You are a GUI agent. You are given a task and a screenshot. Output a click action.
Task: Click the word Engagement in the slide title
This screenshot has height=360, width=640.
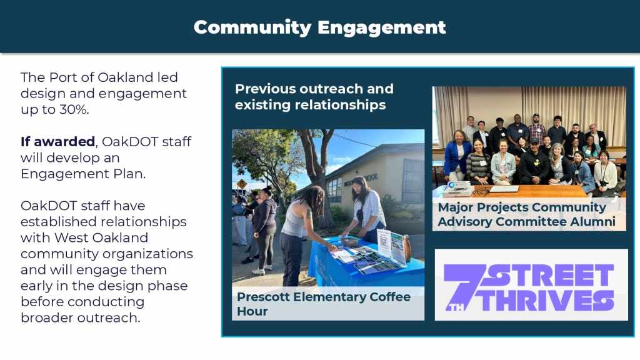(381, 28)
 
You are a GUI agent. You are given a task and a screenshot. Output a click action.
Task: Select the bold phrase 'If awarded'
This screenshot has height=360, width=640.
(57, 141)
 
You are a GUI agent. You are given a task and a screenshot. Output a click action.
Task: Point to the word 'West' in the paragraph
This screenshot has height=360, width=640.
(71, 237)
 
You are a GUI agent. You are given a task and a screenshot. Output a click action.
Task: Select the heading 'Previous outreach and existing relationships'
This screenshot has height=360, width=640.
(314, 97)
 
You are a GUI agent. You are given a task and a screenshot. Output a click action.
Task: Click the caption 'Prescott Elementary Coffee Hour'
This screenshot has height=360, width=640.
(324, 304)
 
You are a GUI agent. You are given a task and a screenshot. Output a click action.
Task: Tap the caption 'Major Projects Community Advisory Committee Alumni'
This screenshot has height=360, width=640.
(526, 214)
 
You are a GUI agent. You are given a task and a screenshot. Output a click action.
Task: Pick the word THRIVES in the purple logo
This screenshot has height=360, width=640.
(547, 301)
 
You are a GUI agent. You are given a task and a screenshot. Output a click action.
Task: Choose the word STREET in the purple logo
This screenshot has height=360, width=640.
(549, 275)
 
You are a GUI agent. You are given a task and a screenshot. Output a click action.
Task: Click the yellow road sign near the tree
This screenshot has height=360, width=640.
(241, 184)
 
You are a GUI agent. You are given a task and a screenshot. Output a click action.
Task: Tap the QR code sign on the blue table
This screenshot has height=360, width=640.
(384, 243)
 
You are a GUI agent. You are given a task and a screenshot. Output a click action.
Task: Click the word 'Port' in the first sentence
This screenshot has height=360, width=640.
(63, 77)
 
